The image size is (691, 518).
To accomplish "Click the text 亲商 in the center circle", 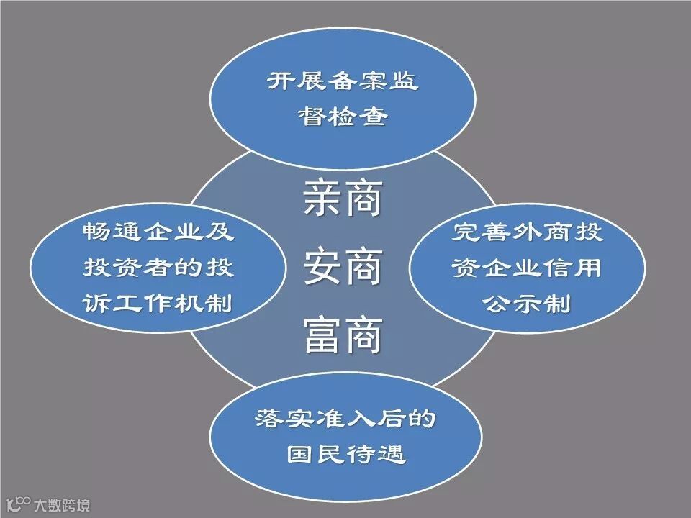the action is [343, 200].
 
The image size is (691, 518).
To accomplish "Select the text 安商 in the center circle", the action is [343, 266].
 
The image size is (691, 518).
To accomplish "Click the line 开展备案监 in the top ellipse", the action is [343, 81].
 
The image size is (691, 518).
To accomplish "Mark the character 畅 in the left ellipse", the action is [96, 232].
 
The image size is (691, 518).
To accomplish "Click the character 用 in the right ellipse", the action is [590, 268].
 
